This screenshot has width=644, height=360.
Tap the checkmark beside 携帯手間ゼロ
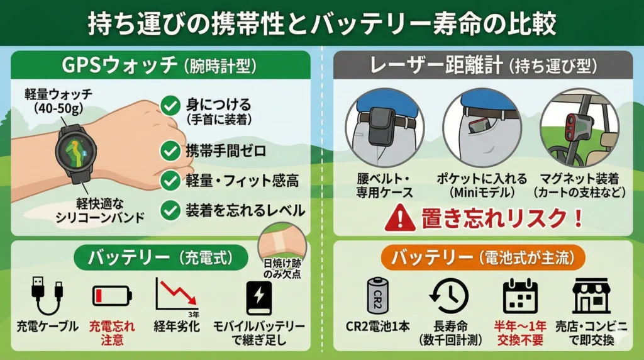tap(169, 151)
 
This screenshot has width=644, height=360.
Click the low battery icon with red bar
tap(112, 295)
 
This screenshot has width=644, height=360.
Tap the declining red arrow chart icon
tap(177, 296)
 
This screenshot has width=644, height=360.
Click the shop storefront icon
tap(591, 295)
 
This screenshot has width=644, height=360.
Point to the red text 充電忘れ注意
tap(111, 333)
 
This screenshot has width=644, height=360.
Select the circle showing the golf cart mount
tap(579, 127)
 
